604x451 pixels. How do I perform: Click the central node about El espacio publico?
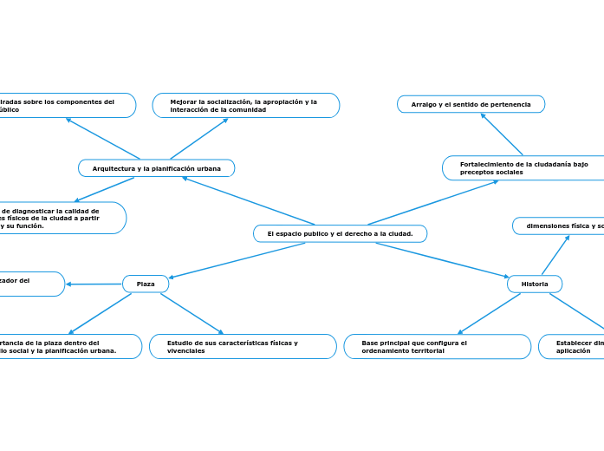(340, 233)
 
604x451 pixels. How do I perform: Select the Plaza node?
(146, 284)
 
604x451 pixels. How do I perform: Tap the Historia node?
(535, 284)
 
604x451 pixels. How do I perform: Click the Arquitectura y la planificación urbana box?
(156, 168)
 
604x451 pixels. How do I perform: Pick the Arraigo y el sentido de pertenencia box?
(471, 104)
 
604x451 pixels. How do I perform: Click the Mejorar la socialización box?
(246, 105)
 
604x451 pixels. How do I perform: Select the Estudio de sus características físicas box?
(243, 346)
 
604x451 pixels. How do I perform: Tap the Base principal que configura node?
(438, 346)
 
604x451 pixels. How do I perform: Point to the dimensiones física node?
(559, 225)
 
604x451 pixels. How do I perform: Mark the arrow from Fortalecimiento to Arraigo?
(501, 134)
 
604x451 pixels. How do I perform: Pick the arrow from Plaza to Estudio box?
(192, 313)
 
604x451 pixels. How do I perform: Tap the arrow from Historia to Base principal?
(489, 313)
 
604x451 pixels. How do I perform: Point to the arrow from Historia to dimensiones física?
(555, 255)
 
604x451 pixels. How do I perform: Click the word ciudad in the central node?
(394, 233)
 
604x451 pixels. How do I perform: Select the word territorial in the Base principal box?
(425, 351)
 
